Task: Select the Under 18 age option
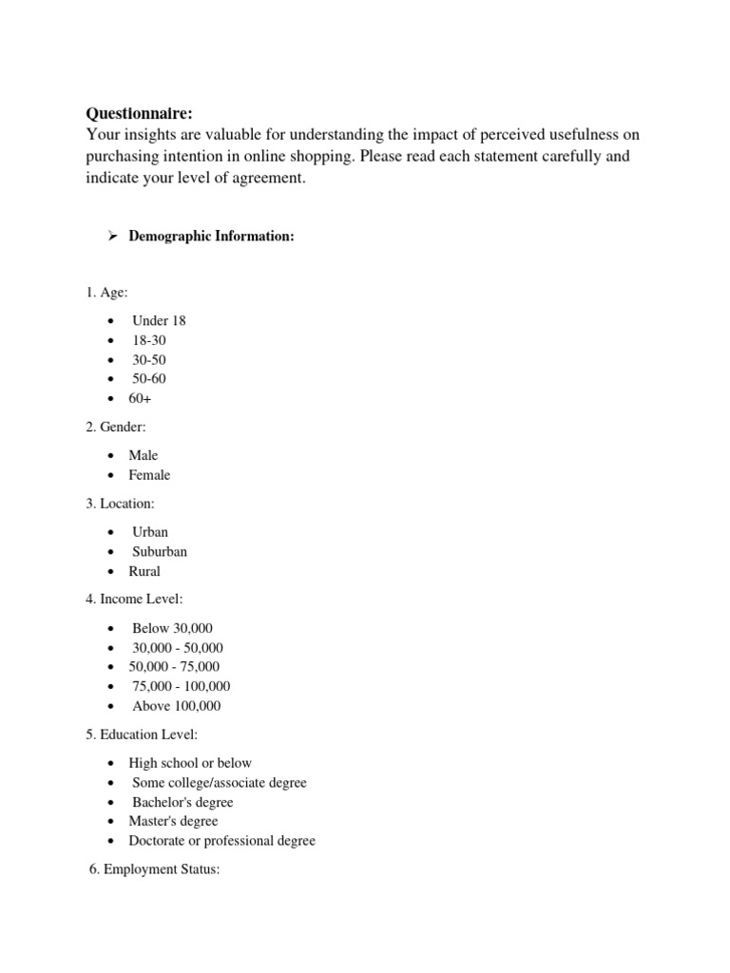[x=159, y=320]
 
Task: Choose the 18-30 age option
[x=149, y=340]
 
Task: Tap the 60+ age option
[x=141, y=398]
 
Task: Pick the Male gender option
[x=144, y=455]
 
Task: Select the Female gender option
[x=150, y=475]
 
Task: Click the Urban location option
[x=150, y=532]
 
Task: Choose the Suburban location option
[x=160, y=552]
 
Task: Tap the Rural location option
[x=144, y=571]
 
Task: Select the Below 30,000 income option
[x=172, y=628]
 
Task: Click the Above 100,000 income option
[x=176, y=706]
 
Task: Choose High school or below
[x=190, y=763]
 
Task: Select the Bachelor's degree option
[x=182, y=802]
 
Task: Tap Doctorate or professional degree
[x=221, y=841]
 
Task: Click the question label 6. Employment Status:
[x=154, y=868]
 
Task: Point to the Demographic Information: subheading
[x=211, y=237]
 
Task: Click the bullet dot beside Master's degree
[x=112, y=822]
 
